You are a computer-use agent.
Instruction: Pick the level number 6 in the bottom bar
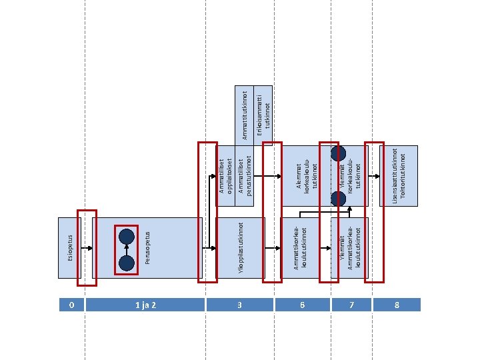point(302,305)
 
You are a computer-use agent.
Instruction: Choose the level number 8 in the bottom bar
point(397,305)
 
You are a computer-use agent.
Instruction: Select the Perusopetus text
point(147,247)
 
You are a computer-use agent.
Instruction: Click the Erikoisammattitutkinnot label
point(263,113)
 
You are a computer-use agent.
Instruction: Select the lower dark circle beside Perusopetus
point(127,264)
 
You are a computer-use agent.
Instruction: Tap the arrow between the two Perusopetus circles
point(127,250)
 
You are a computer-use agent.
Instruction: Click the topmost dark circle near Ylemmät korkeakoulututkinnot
point(339,152)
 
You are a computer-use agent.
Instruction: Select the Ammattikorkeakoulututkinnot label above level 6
point(298,247)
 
